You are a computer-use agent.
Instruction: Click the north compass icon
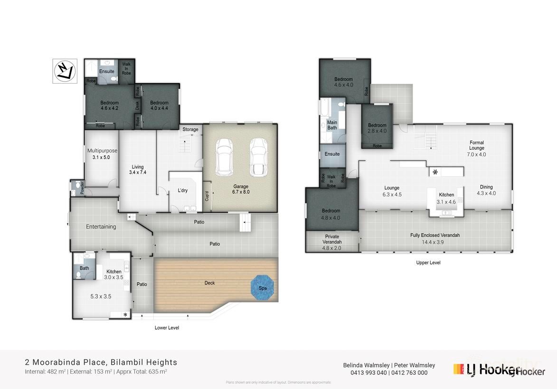pos(65,71)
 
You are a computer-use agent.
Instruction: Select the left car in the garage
pos(224,156)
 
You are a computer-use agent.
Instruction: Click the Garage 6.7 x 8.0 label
pos(241,189)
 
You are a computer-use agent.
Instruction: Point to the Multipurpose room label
pos(102,154)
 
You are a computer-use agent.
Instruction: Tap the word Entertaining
pos(101,227)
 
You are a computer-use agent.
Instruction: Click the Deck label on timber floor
pos(209,283)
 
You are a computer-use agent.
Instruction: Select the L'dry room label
pos(183,190)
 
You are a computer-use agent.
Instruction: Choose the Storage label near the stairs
pos(190,129)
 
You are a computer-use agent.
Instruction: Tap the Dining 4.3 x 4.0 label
pos(486,190)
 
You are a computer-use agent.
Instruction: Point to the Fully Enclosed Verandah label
pos(435,238)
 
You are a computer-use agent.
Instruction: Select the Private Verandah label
pos(332,239)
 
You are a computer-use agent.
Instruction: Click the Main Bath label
pos(332,125)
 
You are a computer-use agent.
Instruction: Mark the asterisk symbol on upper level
pos(435,172)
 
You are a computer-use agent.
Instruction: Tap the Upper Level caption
pos(428,262)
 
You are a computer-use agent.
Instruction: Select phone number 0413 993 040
pos(368,373)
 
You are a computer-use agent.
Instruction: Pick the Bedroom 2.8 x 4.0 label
pos(377,128)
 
